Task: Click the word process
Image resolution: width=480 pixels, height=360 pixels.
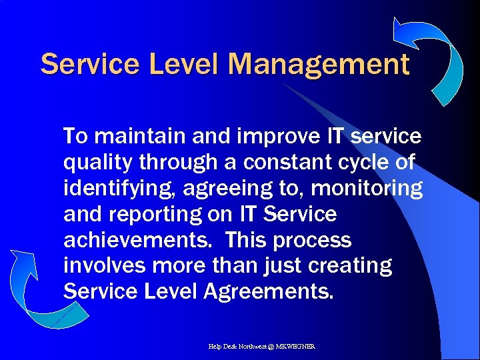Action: pos(313,240)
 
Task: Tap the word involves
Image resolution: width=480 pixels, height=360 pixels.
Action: pos(105,265)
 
